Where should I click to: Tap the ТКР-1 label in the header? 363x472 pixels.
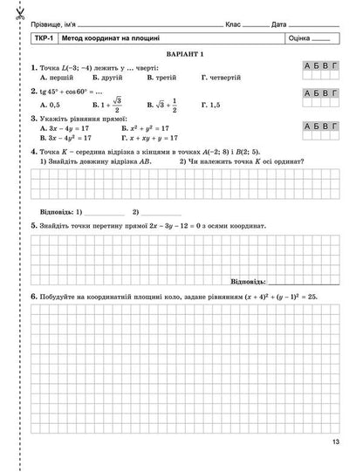click(43, 39)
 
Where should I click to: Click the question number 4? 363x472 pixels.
click(33, 151)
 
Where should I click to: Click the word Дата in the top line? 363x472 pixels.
click(279, 23)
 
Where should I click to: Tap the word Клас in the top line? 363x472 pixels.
click(232, 23)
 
